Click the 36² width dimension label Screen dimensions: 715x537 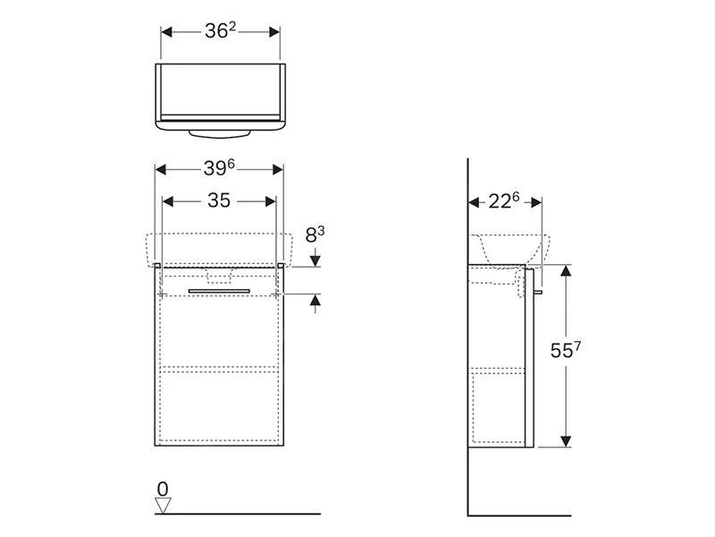point(220,31)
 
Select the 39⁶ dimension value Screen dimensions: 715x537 point(219,168)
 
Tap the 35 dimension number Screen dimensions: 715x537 point(219,200)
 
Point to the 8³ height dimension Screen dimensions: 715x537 point(315,234)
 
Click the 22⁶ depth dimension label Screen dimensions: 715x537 point(504,200)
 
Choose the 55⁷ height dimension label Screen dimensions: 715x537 point(566,350)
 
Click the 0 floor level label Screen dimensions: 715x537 point(163,489)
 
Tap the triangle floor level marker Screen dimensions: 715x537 point(163,506)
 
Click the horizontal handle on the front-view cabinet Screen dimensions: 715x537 point(219,291)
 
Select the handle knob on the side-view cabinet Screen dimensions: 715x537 point(538,292)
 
